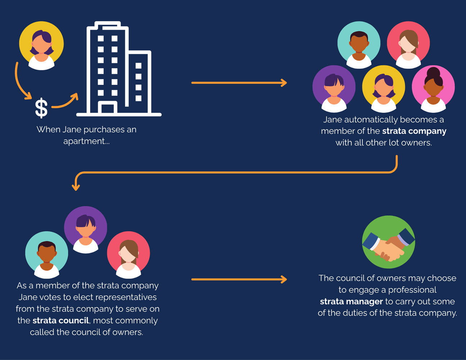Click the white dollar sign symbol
tap(41, 108)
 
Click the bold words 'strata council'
tap(61, 320)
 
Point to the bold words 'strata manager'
tap(351, 302)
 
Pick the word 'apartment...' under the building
tap(86, 141)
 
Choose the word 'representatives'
tap(126, 297)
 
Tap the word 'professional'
tap(412, 290)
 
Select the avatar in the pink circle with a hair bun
tap(433, 89)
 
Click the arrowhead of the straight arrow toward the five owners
tap(284, 83)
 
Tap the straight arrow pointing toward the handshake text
tap(239, 279)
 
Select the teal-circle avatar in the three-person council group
tap(47, 255)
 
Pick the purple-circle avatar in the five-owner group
tap(334, 89)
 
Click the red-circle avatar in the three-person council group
tap(128, 255)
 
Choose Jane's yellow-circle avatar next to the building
tap(41, 45)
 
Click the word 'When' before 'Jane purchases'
tap(49, 130)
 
